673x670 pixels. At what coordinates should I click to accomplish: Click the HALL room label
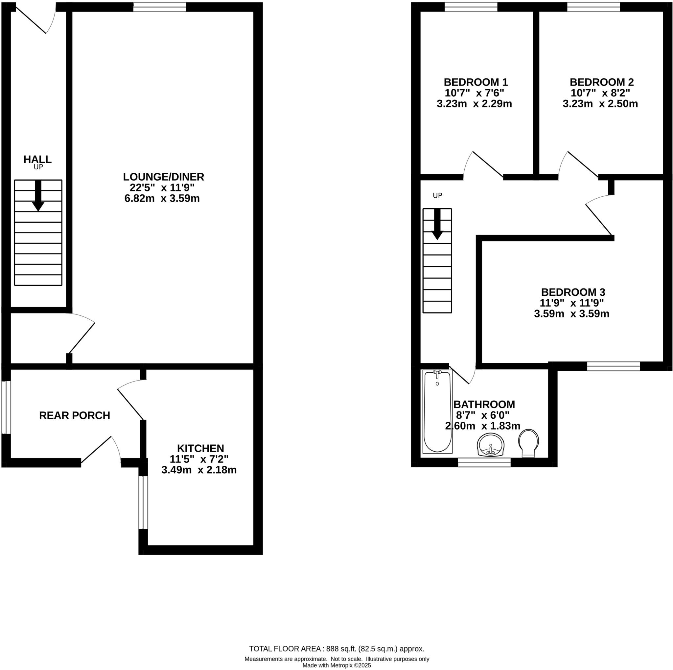coord(37,159)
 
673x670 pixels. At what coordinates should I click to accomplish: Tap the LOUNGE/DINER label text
coord(163,177)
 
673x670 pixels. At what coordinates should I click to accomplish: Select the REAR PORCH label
coord(75,415)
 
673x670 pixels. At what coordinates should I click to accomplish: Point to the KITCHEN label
coord(201,448)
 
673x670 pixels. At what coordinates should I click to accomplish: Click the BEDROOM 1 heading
coord(476,82)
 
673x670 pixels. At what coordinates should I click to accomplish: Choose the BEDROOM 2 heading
coord(602,82)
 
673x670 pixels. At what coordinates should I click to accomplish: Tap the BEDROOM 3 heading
coord(573,292)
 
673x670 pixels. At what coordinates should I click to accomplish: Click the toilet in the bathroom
coord(528,443)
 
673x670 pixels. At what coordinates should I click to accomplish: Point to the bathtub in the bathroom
coord(437,412)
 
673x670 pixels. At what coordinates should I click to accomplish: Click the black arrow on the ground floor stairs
coord(38,196)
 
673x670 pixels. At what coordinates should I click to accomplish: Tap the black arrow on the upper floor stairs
coord(437,224)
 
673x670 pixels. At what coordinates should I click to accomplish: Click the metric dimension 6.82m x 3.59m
coord(162,199)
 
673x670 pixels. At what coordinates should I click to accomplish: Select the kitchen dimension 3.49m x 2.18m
coord(199,470)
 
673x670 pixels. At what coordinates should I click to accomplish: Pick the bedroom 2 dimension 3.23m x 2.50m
coord(600,104)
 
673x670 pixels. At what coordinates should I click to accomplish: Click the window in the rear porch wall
coord(6,408)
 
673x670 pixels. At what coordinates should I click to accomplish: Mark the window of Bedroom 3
coord(614,366)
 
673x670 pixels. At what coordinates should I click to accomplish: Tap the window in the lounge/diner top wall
coord(160,7)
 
